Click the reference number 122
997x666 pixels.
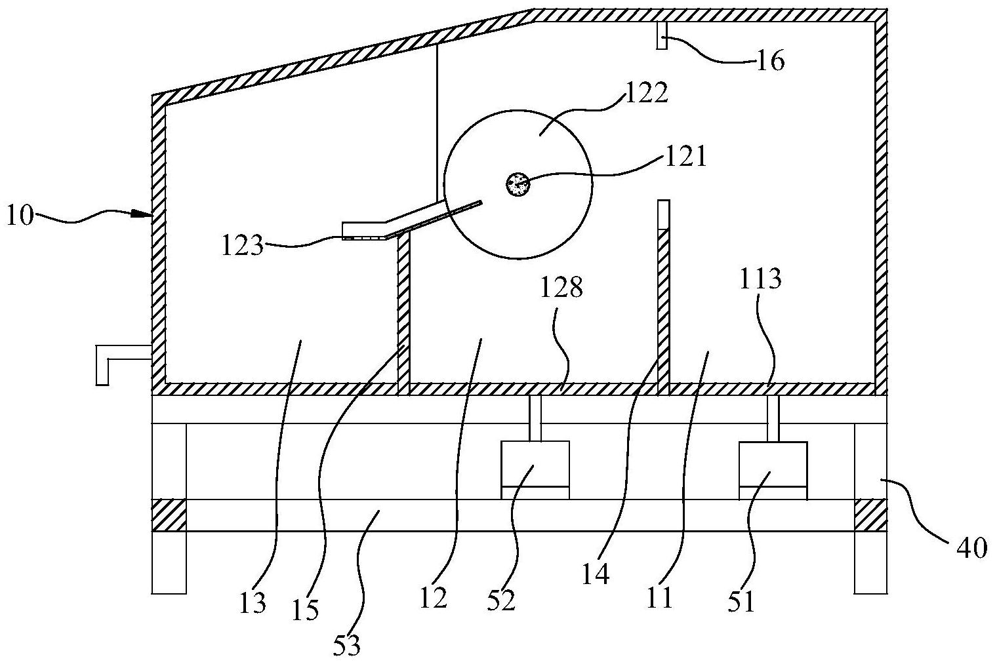(647, 93)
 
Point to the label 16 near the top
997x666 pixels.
(771, 61)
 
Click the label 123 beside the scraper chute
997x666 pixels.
(242, 246)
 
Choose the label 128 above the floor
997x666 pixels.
(561, 286)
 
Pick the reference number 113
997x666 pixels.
(761, 279)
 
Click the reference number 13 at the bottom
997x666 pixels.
(253, 602)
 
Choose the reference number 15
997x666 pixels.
(306, 610)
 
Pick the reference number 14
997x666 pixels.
(597, 574)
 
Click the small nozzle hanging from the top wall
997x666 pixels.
(661, 35)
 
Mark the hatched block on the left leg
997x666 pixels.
(169, 515)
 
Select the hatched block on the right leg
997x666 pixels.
(870, 515)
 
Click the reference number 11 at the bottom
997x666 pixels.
(660, 597)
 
